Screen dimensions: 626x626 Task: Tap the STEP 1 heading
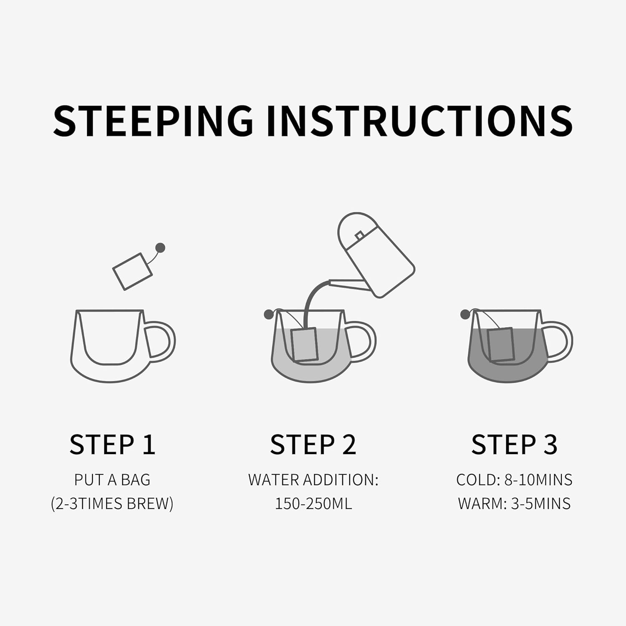click(112, 444)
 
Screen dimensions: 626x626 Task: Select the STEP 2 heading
click(313, 444)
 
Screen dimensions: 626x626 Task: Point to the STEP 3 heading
click(514, 444)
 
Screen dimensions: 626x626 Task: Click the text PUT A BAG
click(112, 480)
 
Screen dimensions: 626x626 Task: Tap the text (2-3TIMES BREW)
click(112, 504)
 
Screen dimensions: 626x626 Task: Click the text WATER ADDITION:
click(313, 480)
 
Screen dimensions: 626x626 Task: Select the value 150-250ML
click(313, 504)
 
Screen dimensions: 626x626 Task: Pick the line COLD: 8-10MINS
click(514, 480)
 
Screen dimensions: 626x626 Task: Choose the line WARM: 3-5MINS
click(514, 504)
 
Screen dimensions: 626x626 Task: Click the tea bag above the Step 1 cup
click(132, 271)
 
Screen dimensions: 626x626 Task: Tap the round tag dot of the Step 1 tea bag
click(160, 248)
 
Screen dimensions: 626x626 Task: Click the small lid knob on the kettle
click(359, 236)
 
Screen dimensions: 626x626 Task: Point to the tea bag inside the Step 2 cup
click(305, 345)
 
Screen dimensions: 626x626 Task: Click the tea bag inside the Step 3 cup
click(501, 344)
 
